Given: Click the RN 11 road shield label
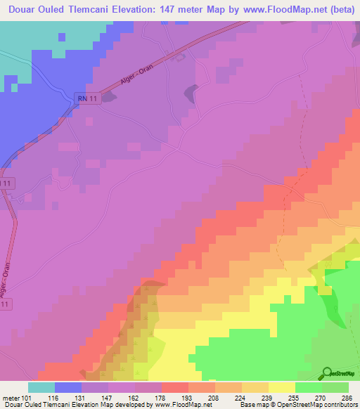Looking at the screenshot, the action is (88, 100).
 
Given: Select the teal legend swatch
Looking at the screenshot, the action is (41, 387).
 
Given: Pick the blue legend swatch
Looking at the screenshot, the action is (68, 387).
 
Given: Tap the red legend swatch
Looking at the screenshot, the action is (175, 387).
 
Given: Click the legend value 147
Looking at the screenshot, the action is (107, 398).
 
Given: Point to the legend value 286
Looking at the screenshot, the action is (347, 398).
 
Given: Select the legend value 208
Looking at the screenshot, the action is (214, 398).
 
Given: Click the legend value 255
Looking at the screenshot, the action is (294, 398).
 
